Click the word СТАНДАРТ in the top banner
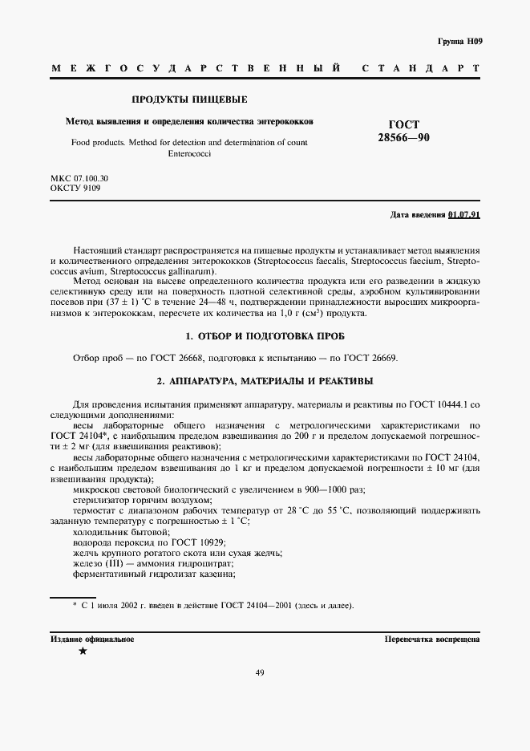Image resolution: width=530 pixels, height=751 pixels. pyautogui.click(x=421, y=69)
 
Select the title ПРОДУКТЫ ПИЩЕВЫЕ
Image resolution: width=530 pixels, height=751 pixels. pyautogui.click(x=188, y=100)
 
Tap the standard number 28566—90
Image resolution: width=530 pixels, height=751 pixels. pyautogui.click(x=404, y=138)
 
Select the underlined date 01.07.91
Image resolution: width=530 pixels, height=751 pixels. pyautogui.click(x=463, y=215)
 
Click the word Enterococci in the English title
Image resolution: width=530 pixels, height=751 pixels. pyautogui.click(x=188, y=152)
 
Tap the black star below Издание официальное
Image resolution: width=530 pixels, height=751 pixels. pyautogui.click(x=83, y=652)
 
